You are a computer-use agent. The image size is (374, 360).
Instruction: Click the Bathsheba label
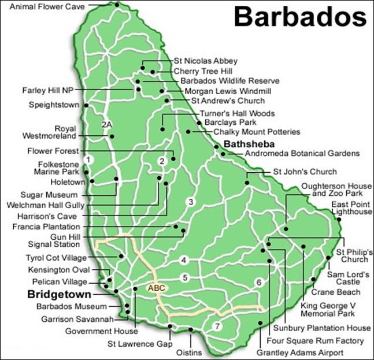248,143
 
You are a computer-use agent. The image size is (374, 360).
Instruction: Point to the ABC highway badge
157,287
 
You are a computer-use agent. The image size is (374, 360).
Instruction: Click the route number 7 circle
217,326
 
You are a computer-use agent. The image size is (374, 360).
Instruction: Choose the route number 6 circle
258,282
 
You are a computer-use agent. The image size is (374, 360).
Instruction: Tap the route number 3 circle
190,202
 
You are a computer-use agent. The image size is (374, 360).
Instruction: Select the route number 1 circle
87,159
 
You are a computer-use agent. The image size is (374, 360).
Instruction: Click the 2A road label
106,125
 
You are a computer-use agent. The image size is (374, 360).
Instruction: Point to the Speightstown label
54,105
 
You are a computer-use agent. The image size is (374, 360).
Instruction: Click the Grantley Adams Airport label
301,352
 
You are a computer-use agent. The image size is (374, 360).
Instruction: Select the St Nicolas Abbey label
205,61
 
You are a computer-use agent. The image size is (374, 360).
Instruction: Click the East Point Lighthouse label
351,208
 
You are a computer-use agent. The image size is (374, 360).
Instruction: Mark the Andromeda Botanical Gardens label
302,154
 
